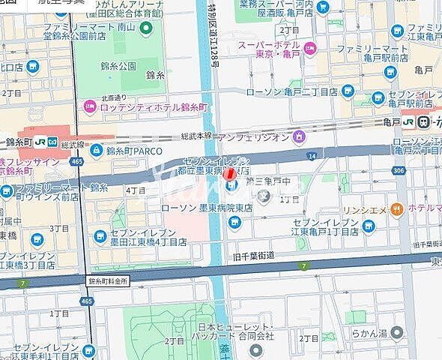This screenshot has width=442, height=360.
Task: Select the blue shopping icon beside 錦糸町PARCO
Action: [x=97, y=151]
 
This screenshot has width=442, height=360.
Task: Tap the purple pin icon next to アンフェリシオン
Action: [x=300, y=136]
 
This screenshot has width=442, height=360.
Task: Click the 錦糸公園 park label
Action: [x=118, y=66]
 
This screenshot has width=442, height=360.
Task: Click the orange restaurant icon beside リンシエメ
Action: [x=402, y=208]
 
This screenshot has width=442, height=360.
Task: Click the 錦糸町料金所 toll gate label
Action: [x=109, y=281]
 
